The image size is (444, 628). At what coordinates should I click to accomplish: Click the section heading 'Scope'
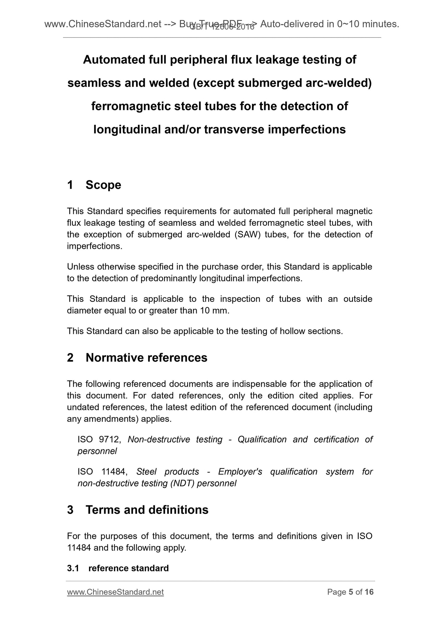tap(103, 185)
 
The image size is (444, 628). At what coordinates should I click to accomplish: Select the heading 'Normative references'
tap(146, 358)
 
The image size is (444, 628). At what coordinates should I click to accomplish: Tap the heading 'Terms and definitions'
tap(147, 510)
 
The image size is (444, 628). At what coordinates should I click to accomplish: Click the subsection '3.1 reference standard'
tap(118, 568)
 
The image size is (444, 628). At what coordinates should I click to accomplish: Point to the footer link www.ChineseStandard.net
tap(115, 592)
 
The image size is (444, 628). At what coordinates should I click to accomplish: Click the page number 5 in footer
tap(351, 592)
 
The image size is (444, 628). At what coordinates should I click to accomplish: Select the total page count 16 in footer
tap(369, 592)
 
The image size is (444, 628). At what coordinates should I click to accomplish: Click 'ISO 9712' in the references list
tap(98, 439)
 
